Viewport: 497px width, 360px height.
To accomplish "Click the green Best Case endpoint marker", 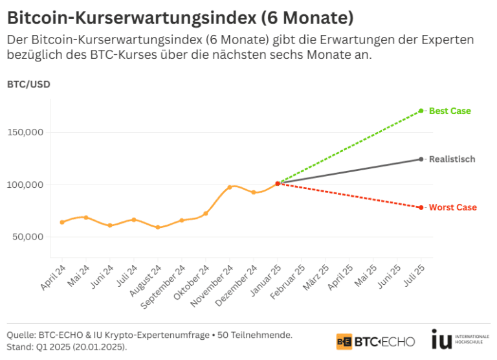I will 421,111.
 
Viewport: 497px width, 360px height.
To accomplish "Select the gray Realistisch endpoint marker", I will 421,159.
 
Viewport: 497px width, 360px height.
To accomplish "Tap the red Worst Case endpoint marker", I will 421,207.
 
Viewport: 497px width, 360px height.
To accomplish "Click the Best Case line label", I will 450,111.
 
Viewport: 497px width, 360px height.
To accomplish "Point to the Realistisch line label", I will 452,159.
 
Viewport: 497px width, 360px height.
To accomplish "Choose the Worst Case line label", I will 453,207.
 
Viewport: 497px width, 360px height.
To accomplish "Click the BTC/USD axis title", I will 28,84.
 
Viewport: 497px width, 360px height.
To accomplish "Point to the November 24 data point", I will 230,187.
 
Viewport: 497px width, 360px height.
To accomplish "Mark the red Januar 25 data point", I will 278,184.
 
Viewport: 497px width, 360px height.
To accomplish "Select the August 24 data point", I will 158,227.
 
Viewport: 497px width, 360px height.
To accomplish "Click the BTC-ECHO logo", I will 375,341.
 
